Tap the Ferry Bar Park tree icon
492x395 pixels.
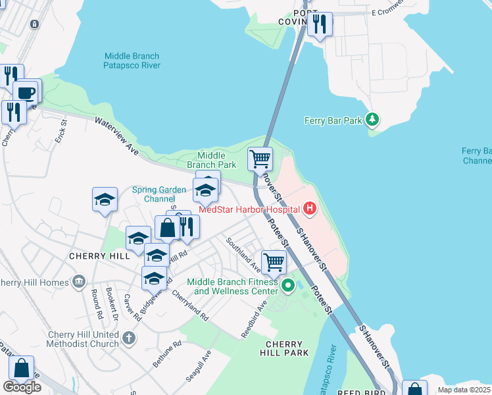pyautogui.click(x=373, y=120)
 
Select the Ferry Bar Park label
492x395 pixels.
pyautogui.click(x=333, y=120)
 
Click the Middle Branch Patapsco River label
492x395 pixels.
pyautogui.click(x=132, y=61)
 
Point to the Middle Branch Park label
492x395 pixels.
pyautogui.click(x=211, y=160)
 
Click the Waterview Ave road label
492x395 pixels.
pyautogui.click(x=118, y=136)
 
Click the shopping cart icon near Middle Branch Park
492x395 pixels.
pyautogui.click(x=260, y=159)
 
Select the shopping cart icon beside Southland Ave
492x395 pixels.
pyautogui.click(x=274, y=261)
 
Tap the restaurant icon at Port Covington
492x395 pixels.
pyautogui.click(x=320, y=24)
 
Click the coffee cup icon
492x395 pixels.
pyautogui.click(x=26, y=92)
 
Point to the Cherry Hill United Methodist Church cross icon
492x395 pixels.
pyautogui.click(x=129, y=338)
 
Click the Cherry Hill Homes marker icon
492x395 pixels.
pyautogui.click(x=79, y=282)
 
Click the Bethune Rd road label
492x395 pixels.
pyautogui.click(x=168, y=355)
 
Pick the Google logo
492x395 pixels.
pyautogui.click(x=22, y=387)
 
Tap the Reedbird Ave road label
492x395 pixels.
pyautogui.click(x=254, y=320)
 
